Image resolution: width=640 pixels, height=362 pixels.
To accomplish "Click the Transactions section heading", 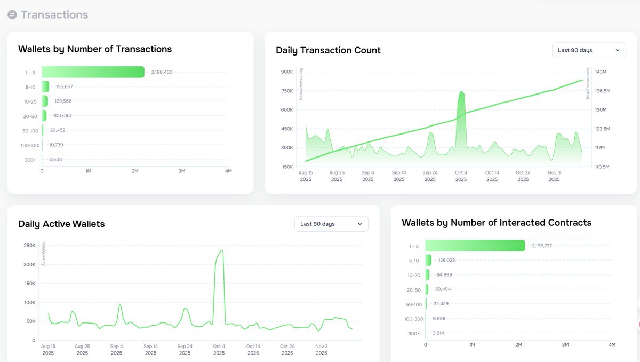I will (54, 15).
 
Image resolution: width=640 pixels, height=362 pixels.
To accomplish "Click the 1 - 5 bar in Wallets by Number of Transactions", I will (93, 72).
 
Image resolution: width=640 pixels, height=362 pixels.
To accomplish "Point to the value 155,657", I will (64, 86).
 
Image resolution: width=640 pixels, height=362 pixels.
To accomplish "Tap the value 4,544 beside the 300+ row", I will (55, 159).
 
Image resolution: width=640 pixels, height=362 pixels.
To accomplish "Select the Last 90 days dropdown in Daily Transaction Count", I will (588, 50).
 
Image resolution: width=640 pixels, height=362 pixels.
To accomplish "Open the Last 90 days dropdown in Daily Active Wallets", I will (331, 224).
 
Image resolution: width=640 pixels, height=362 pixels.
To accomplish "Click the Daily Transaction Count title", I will (328, 50).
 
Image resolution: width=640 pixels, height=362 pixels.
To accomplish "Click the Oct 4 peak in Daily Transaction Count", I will (461, 94).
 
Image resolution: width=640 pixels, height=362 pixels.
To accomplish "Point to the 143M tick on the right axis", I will (601, 72).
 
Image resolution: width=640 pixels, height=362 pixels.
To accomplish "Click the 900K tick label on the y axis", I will (286, 72).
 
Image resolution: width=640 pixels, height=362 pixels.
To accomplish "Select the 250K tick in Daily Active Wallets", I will (29, 246).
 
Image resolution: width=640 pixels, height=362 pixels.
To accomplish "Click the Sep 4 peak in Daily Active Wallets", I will (119, 305).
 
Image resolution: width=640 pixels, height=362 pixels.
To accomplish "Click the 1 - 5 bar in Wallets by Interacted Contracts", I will (475, 246).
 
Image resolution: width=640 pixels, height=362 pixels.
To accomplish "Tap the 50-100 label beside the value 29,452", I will (30, 130).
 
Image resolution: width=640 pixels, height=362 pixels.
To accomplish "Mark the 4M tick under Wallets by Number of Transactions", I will (228, 171).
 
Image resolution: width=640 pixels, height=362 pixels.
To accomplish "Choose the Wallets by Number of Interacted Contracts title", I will (496, 223).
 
